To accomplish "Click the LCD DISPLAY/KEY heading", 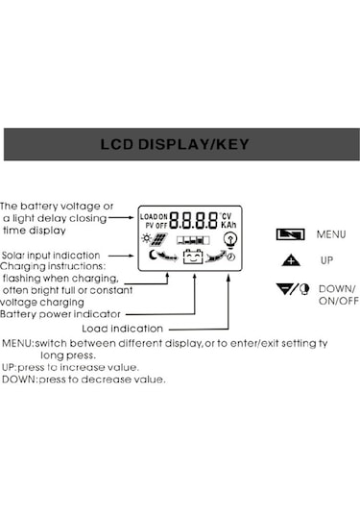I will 180,145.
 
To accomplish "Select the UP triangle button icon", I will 291,260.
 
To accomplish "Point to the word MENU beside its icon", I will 330,233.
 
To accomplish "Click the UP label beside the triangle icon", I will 327,260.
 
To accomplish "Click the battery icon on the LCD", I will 193,257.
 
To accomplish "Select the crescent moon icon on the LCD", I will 151,256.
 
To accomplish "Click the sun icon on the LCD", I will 146,237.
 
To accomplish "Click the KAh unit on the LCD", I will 228,225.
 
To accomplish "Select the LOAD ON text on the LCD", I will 154,215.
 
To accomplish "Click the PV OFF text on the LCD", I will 154,224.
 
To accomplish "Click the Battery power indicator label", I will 60,313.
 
